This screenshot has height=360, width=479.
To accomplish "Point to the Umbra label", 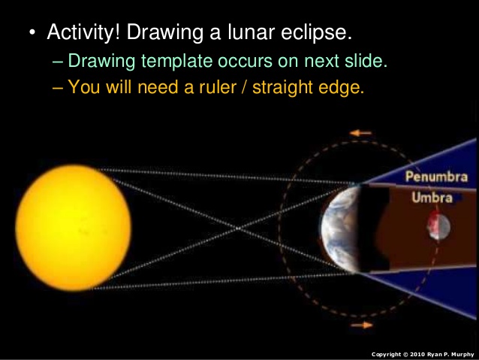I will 431,198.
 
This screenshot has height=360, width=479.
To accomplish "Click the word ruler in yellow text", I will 206,86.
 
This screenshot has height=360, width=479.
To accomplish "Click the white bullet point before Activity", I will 32,35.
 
